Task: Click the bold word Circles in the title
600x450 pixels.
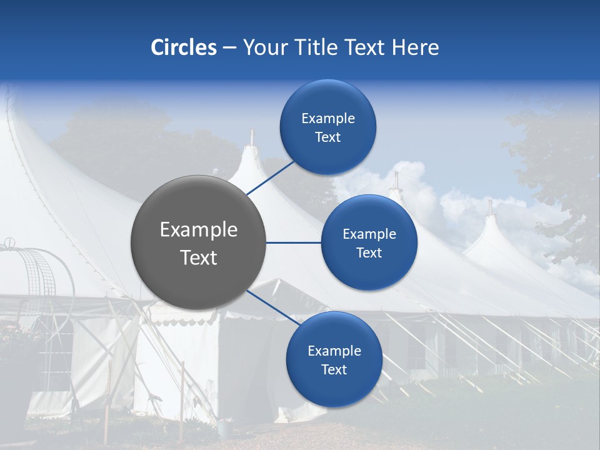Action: pos(184,47)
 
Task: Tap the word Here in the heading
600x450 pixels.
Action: pos(415,47)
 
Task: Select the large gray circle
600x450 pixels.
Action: pos(199,242)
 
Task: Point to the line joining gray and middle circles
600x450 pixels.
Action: pos(294,242)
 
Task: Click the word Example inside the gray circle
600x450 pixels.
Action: pos(199,230)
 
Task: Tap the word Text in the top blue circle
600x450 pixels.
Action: pos(327,137)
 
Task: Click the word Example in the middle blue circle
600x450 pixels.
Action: pos(369,234)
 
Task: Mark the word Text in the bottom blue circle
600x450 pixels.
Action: pos(334,369)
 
